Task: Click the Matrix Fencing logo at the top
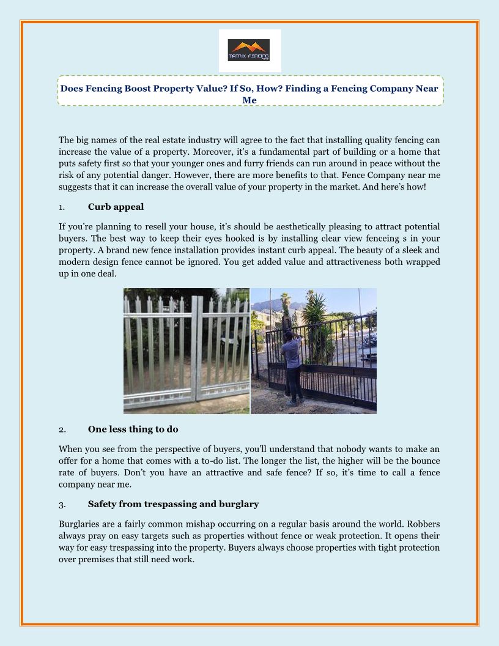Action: (250, 51)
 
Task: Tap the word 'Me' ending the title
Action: (250, 100)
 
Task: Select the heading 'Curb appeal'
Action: (116, 206)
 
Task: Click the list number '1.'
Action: (62, 207)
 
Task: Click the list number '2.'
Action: (62, 429)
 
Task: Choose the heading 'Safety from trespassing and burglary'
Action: (173, 504)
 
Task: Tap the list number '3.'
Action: (62, 505)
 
